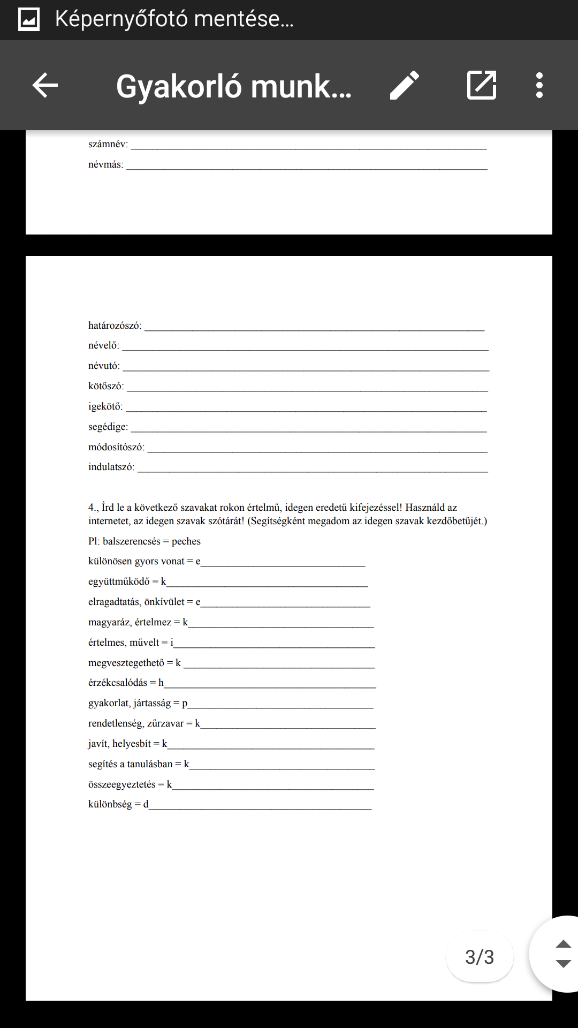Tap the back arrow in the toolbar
pyautogui.click(x=45, y=85)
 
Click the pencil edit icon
pyautogui.click(x=405, y=85)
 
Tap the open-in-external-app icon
pyautogui.click(x=482, y=85)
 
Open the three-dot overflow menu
pyautogui.click(x=539, y=85)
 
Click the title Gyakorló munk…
pyautogui.click(x=234, y=86)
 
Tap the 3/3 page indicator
pyautogui.click(x=480, y=957)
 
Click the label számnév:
pyautogui.click(x=108, y=144)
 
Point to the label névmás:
pyautogui.click(x=106, y=164)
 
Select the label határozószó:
pyautogui.click(x=115, y=326)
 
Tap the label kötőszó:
pyautogui.click(x=106, y=386)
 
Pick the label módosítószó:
pyautogui.click(x=116, y=447)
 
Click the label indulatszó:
pyautogui.click(x=111, y=467)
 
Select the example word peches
pyautogui.click(x=186, y=541)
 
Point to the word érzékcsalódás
pyautogui.click(x=118, y=683)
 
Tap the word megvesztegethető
pyautogui.click(x=126, y=663)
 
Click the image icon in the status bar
pyautogui.click(x=29, y=20)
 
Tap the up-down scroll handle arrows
pyautogui.click(x=563, y=954)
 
